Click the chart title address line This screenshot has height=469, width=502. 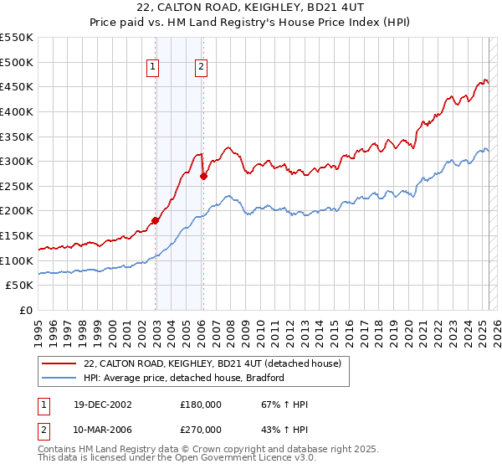coord(250,9)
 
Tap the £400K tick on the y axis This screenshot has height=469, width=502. coord(18,111)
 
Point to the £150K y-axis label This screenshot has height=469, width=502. coord(18,235)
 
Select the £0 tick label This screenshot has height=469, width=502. coord(25,310)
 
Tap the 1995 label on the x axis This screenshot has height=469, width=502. coord(38,327)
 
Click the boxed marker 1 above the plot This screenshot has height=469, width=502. coord(155,69)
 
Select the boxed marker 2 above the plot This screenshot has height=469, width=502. coord(202,69)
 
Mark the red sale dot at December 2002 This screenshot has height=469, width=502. coord(155,221)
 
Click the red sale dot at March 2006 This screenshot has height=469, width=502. coord(203,176)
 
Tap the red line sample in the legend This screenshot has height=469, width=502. coord(59,364)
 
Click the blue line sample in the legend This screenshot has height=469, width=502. coord(59,378)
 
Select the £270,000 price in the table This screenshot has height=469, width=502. coord(201,429)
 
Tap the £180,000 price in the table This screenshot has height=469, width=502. coord(201,405)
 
